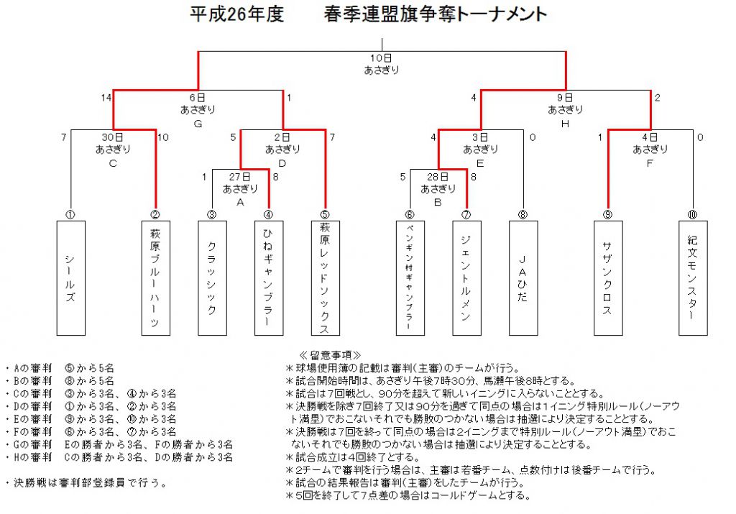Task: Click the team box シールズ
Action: click(x=71, y=278)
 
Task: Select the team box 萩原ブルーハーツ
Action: click(x=156, y=278)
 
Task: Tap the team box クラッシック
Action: click(x=212, y=278)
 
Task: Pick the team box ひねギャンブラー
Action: click(x=269, y=278)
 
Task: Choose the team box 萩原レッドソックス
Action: click(x=326, y=278)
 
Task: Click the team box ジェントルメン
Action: click(x=466, y=278)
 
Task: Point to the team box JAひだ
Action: click(x=523, y=278)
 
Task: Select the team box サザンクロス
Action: click(x=608, y=278)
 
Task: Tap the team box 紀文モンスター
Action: click(x=693, y=278)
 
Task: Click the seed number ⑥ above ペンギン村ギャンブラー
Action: click(x=410, y=214)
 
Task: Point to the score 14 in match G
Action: click(x=106, y=98)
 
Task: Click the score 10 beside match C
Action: click(x=163, y=137)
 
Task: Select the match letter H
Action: click(x=565, y=124)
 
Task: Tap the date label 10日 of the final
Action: click(x=381, y=58)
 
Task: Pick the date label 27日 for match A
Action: click(x=239, y=177)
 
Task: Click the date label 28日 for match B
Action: click(x=438, y=177)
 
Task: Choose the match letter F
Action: click(x=650, y=163)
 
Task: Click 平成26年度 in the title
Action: click(x=237, y=14)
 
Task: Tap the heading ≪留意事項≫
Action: click(x=330, y=355)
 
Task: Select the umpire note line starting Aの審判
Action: click(x=60, y=368)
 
